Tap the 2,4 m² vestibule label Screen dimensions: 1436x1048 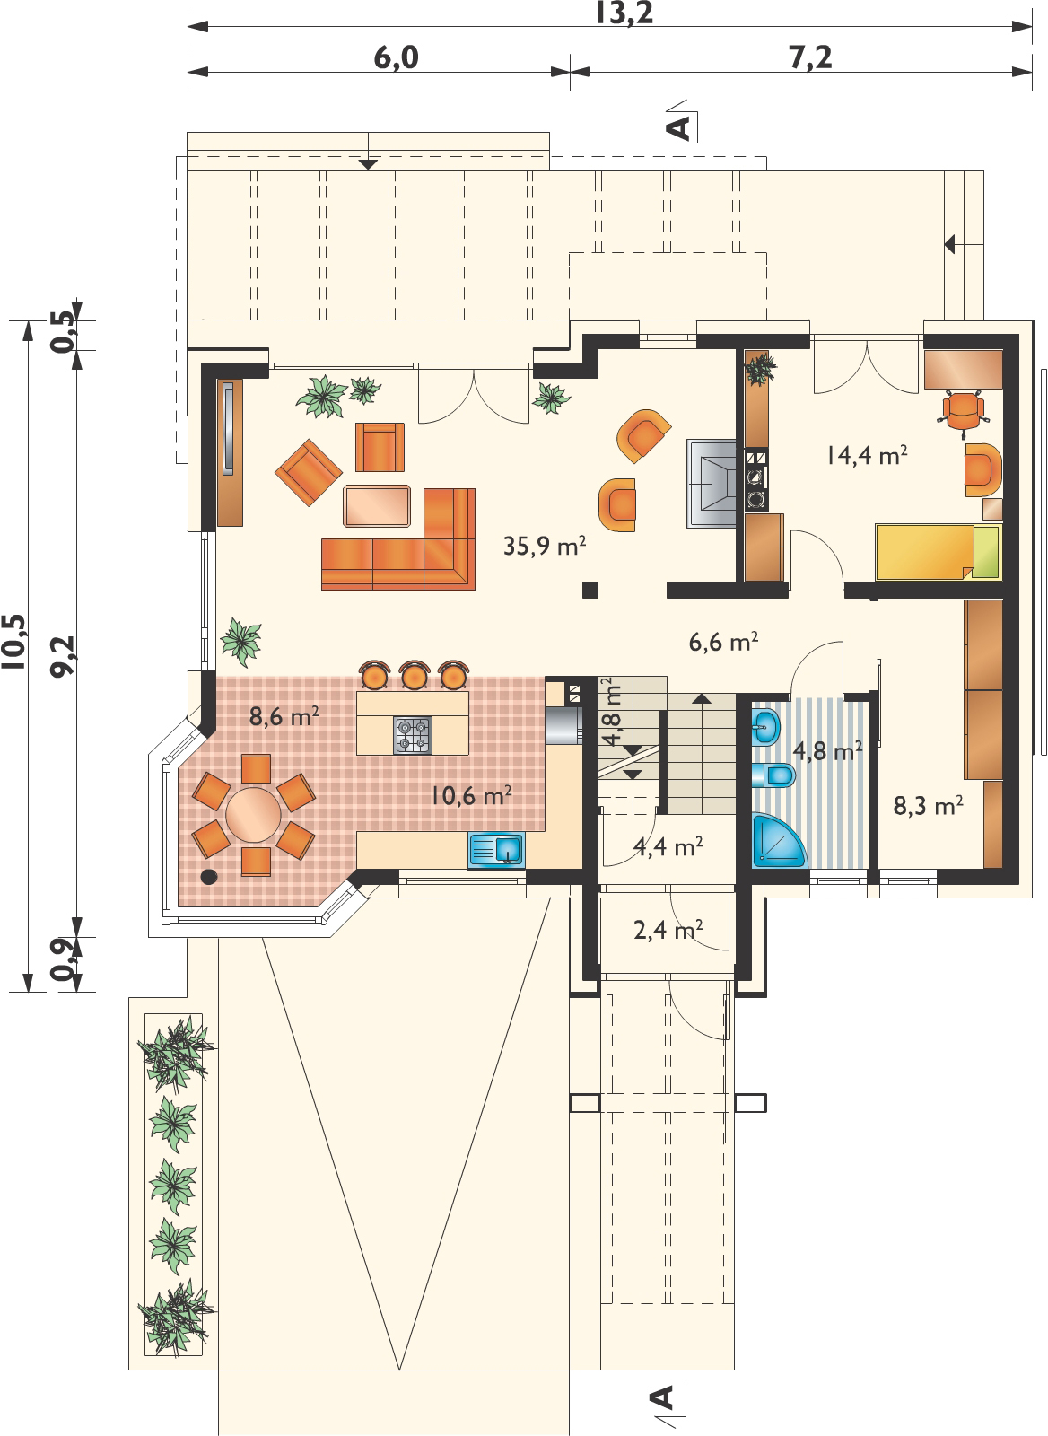click(x=668, y=930)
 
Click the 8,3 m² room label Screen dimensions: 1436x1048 click(x=928, y=806)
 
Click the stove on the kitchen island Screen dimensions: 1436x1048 click(x=412, y=734)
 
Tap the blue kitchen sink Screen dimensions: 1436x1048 click(x=496, y=848)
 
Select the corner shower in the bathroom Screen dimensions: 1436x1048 click(x=777, y=843)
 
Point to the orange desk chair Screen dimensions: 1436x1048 click(x=962, y=409)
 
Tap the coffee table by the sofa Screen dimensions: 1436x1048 click(x=377, y=505)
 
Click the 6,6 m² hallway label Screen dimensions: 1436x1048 click(x=724, y=642)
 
